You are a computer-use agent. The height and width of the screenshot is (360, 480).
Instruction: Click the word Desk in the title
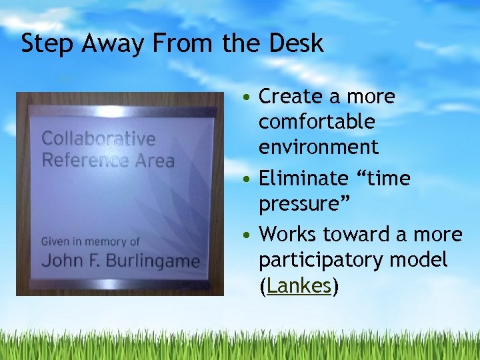click(x=297, y=43)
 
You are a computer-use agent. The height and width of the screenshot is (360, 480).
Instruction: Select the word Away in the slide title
click(x=104, y=43)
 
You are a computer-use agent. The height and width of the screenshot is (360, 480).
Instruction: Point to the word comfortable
click(x=317, y=122)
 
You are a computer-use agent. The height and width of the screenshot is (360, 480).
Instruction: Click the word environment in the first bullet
click(x=318, y=147)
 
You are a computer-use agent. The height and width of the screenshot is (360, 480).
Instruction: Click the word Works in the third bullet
click(x=287, y=234)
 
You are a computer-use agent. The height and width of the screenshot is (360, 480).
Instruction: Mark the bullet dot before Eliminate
click(x=247, y=179)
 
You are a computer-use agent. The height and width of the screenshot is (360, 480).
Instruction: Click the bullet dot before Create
click(x=247, y=97)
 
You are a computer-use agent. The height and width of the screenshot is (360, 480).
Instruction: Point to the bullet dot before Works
click(x=247, y=235)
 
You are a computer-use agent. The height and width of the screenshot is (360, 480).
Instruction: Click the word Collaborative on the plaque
click(x=98, y=139)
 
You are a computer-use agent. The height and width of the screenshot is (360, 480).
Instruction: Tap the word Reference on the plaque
click(x=85, y=160)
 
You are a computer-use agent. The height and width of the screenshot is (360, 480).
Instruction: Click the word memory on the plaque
click(x=105, y=241)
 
